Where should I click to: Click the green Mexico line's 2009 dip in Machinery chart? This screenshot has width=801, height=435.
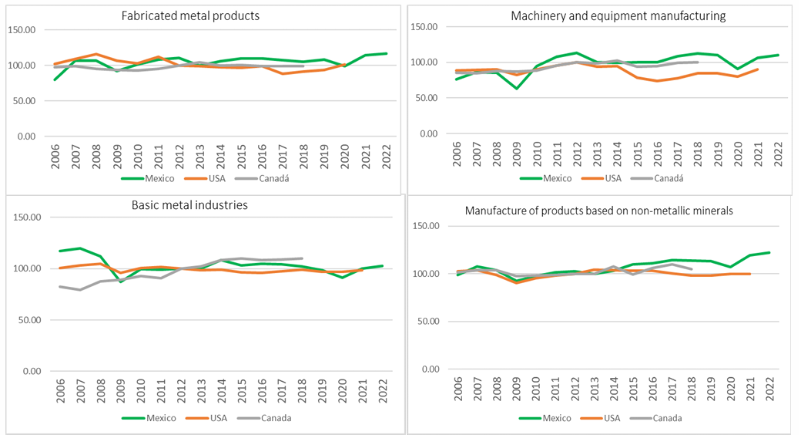tap(515, 89)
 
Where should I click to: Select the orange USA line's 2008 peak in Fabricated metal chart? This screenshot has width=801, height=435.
tap(95, 54)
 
